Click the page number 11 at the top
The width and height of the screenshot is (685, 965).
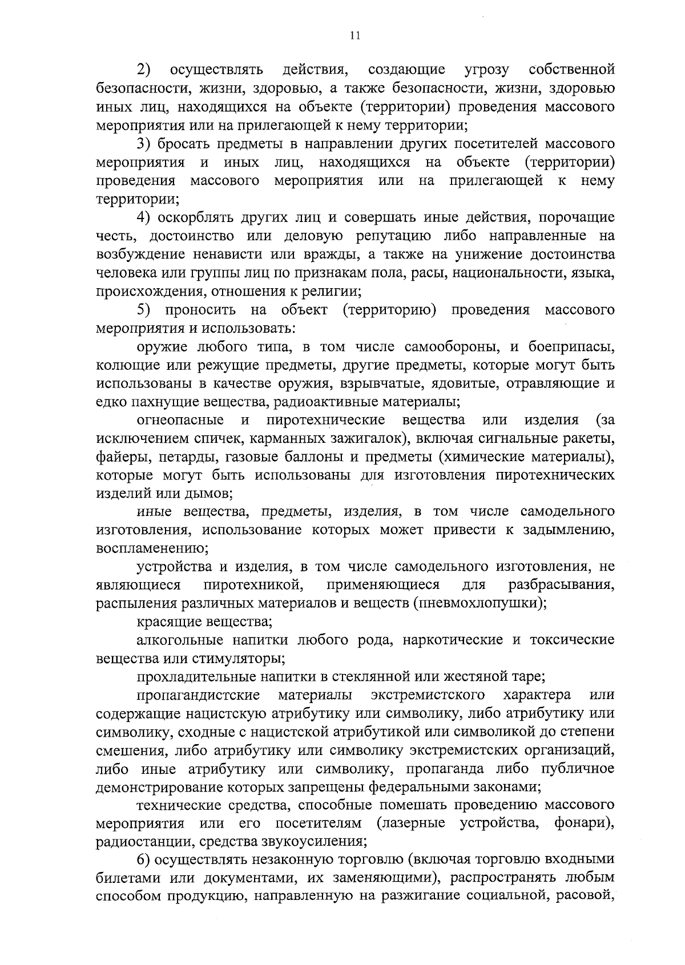pos(354,36)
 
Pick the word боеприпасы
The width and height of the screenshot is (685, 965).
pos(571,346)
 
